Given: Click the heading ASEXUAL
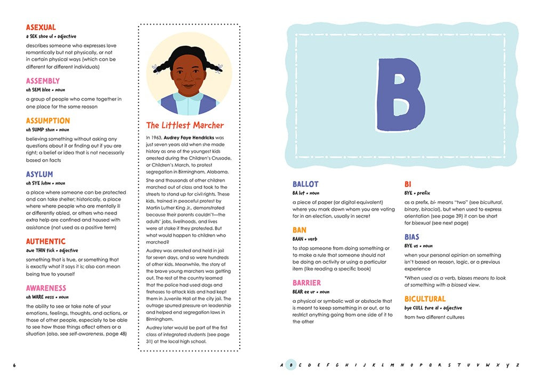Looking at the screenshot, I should [x=41, y=27].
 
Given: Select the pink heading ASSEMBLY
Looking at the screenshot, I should [x=43, y=81].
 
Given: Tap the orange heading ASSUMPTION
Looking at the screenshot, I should [x=48, y=121].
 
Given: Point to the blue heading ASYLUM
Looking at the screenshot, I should [x=39, y=175].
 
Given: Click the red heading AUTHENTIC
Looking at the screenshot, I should [x=46, y=242].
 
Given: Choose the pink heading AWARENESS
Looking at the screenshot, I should [x=46, y=288].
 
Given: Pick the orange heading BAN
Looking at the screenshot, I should [x=300, y=230].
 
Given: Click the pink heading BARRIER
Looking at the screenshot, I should [x=306, y=283].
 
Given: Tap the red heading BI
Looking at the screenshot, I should [x=408, y=184].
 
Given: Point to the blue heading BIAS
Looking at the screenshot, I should [x=412, y=237].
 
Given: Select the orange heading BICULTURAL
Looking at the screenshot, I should [x=425, y=299].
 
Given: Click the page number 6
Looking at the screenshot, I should [x=15, y=365].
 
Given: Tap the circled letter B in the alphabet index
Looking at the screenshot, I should [x=290, y=365].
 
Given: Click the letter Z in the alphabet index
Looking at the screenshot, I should [x=517, y=365].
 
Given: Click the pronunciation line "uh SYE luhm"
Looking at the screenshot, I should [x=38, y=183].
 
